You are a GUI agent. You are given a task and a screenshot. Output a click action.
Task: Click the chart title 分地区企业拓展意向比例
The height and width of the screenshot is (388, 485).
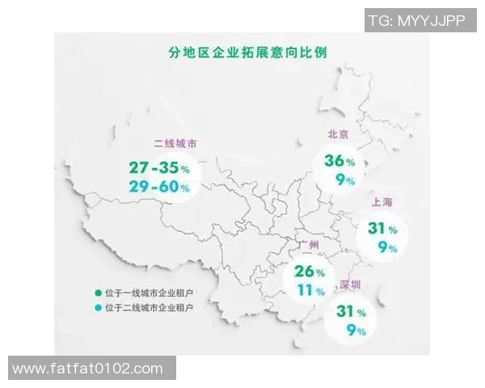(242, 53)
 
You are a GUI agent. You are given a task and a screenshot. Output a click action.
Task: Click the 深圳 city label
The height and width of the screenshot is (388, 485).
(350, 286)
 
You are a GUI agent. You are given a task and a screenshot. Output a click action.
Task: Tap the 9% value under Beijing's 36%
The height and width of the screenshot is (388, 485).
(345, 181)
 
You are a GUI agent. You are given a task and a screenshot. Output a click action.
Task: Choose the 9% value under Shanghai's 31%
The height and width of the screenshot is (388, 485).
(387, 248)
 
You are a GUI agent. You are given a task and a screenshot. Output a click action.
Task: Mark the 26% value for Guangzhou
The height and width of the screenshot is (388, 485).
(308, 271)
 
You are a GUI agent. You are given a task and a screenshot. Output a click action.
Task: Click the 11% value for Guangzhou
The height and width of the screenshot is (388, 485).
(310, 289)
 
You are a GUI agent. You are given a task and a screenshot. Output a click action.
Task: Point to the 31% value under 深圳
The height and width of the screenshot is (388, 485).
(349, 312)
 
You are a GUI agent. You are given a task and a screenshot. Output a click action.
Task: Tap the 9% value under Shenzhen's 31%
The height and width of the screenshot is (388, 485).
(356, 331)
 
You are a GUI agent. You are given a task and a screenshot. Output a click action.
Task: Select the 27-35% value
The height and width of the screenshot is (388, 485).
(158, 168)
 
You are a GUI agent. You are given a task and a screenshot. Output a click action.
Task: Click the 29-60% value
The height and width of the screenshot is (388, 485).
(158, 188)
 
